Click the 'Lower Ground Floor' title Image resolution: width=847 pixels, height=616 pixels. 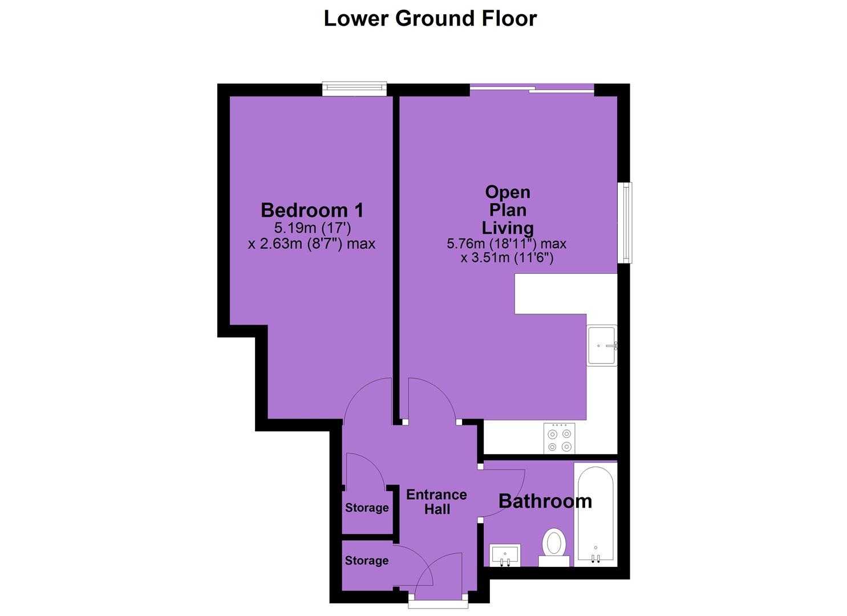(x=430, y=19)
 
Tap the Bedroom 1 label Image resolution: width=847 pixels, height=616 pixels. (x=313, y=210)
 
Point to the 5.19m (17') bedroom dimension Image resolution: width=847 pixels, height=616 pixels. (x=313, y=228)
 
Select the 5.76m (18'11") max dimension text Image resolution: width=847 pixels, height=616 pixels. (x=506, y=244)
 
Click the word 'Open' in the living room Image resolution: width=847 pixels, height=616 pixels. (x=508, y=192)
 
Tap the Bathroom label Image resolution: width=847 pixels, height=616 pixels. (x=545, y=501)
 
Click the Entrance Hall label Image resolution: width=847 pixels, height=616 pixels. (x=437, y=502)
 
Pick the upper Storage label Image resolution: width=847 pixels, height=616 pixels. (x=367, y=508)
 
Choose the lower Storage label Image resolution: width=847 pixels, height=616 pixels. (x=367, y=561)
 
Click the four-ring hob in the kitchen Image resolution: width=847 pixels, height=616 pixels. (x=559, y=438)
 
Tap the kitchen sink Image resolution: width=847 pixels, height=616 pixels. (x=602, y=345)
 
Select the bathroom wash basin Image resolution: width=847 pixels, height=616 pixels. (x=505, y=555)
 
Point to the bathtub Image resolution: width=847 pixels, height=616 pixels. (x=595, y=514)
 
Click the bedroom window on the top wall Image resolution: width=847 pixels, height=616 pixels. (x=355, y=89)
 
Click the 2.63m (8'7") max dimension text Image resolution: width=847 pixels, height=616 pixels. (x=312, y=244)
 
